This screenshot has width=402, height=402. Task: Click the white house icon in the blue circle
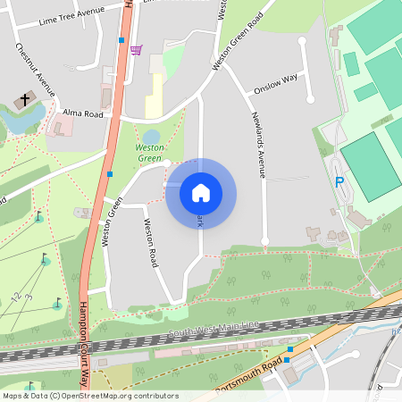201,192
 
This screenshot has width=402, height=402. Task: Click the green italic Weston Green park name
149,152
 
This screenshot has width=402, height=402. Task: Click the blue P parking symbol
339,182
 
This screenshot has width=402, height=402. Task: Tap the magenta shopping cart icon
135,50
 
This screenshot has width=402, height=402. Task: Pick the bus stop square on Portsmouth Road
289,349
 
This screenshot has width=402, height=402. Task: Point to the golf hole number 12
15,296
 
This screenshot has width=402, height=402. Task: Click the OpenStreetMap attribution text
89,396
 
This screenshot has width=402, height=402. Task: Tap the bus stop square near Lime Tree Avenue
121,39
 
